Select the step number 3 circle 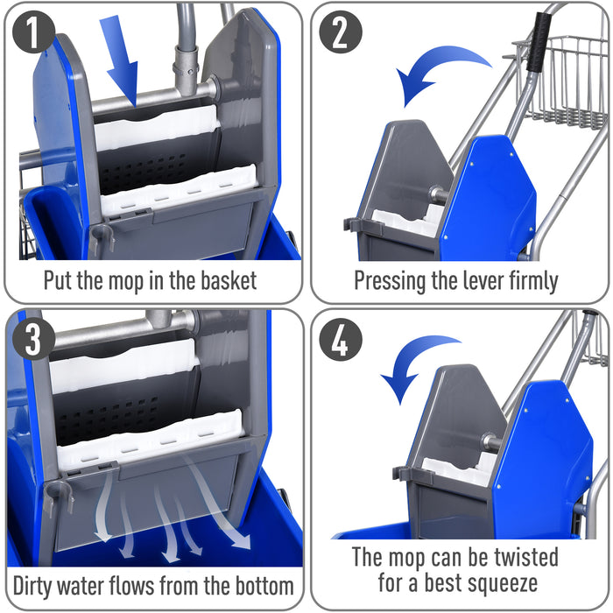pos(33,340)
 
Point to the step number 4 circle pos(339,340)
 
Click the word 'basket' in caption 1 pos(224,280)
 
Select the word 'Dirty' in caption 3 pos(37,584)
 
